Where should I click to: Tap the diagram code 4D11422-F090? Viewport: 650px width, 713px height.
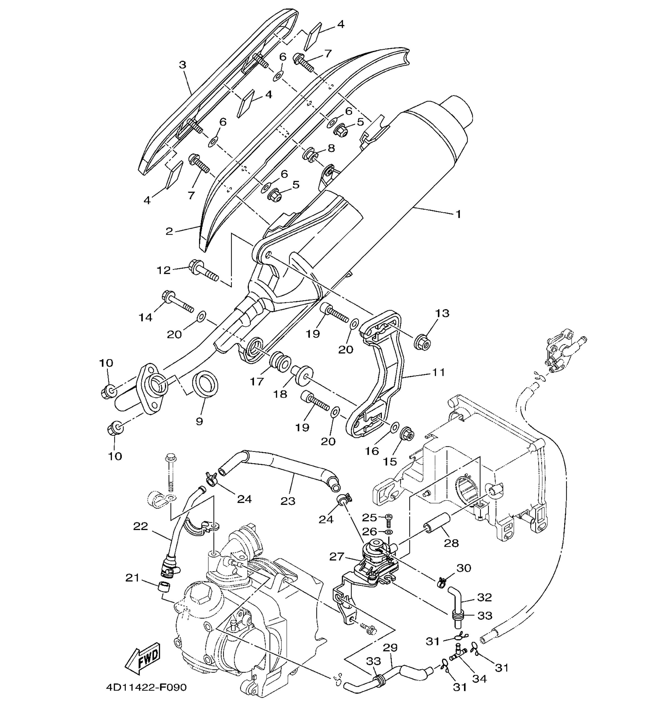coord(146,687)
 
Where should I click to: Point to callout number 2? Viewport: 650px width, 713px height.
coord(169,231)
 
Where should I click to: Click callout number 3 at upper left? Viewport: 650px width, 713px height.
coord(182,65)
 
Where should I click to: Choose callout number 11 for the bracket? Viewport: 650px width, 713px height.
coord(438,372)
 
